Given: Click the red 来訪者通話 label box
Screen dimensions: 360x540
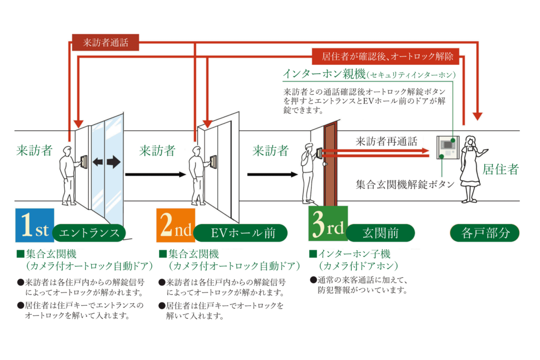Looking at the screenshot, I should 105,43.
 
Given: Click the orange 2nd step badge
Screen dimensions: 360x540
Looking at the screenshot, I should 176,226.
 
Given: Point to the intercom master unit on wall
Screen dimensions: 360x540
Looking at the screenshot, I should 447,147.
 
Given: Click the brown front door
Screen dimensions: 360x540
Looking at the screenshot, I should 330,163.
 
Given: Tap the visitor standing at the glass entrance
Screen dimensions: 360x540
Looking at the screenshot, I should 67,174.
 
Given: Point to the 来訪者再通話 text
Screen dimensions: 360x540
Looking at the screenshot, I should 386,141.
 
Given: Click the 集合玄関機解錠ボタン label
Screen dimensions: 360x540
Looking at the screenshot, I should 405,184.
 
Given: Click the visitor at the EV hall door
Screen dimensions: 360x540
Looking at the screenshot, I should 198,174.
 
